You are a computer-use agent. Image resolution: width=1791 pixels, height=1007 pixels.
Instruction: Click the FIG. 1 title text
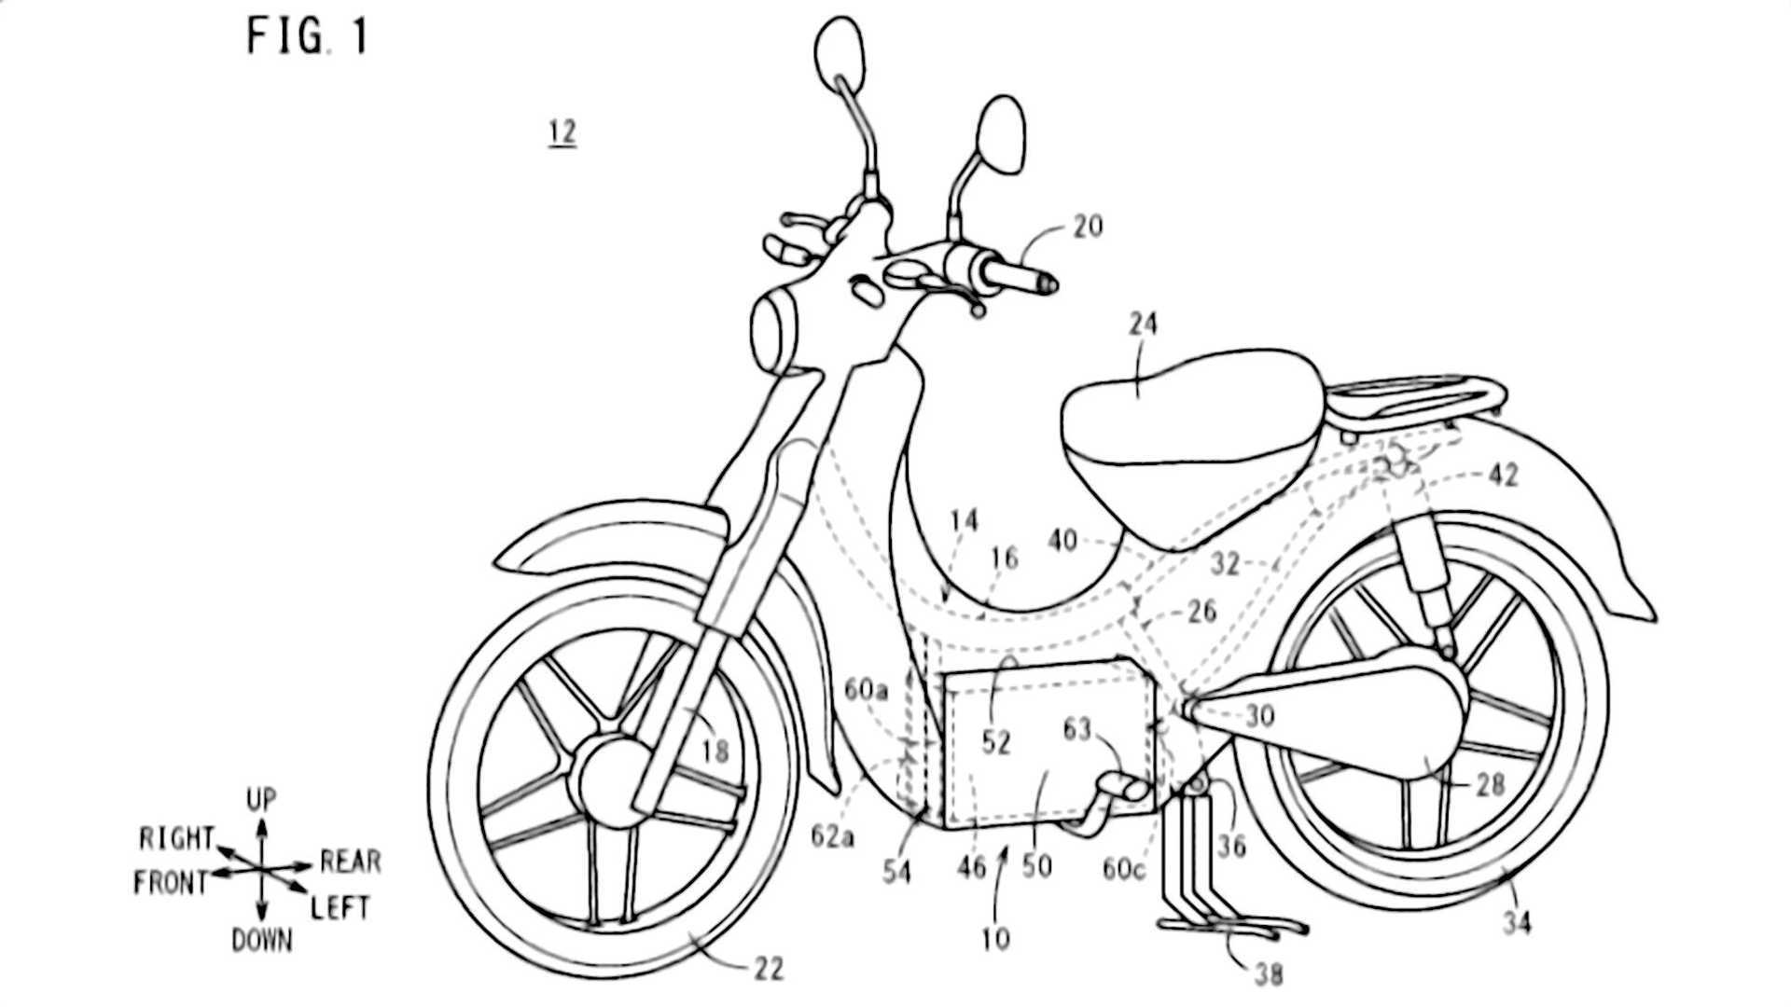307,37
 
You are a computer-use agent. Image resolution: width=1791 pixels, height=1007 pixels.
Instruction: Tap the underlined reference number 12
562,132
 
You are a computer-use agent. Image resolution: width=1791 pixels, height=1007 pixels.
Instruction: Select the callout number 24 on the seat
1143,324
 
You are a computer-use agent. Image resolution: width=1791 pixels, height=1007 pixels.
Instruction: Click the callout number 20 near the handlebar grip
1088,227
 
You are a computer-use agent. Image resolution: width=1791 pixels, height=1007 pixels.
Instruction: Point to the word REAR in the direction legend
350,862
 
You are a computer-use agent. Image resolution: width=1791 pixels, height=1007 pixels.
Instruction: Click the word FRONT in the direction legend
170,882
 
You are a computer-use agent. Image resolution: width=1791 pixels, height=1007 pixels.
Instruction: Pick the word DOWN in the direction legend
261,942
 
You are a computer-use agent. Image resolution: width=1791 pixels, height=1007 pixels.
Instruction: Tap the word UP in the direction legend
261,800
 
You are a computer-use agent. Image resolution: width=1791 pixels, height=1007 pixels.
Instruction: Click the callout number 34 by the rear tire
1517,923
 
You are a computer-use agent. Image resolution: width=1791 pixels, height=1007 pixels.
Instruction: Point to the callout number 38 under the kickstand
1269,975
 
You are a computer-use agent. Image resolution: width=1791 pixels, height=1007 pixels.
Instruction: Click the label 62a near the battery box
832,836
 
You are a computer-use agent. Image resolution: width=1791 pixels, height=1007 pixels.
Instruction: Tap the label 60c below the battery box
1123,869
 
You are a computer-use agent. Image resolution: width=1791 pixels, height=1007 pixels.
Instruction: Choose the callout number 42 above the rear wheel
1503,475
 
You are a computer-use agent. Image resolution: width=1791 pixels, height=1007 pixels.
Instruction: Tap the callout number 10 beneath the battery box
996,937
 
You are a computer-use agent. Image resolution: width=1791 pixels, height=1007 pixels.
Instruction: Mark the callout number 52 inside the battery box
996,742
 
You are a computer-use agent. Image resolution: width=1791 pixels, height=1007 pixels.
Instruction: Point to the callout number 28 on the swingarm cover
1490,784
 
